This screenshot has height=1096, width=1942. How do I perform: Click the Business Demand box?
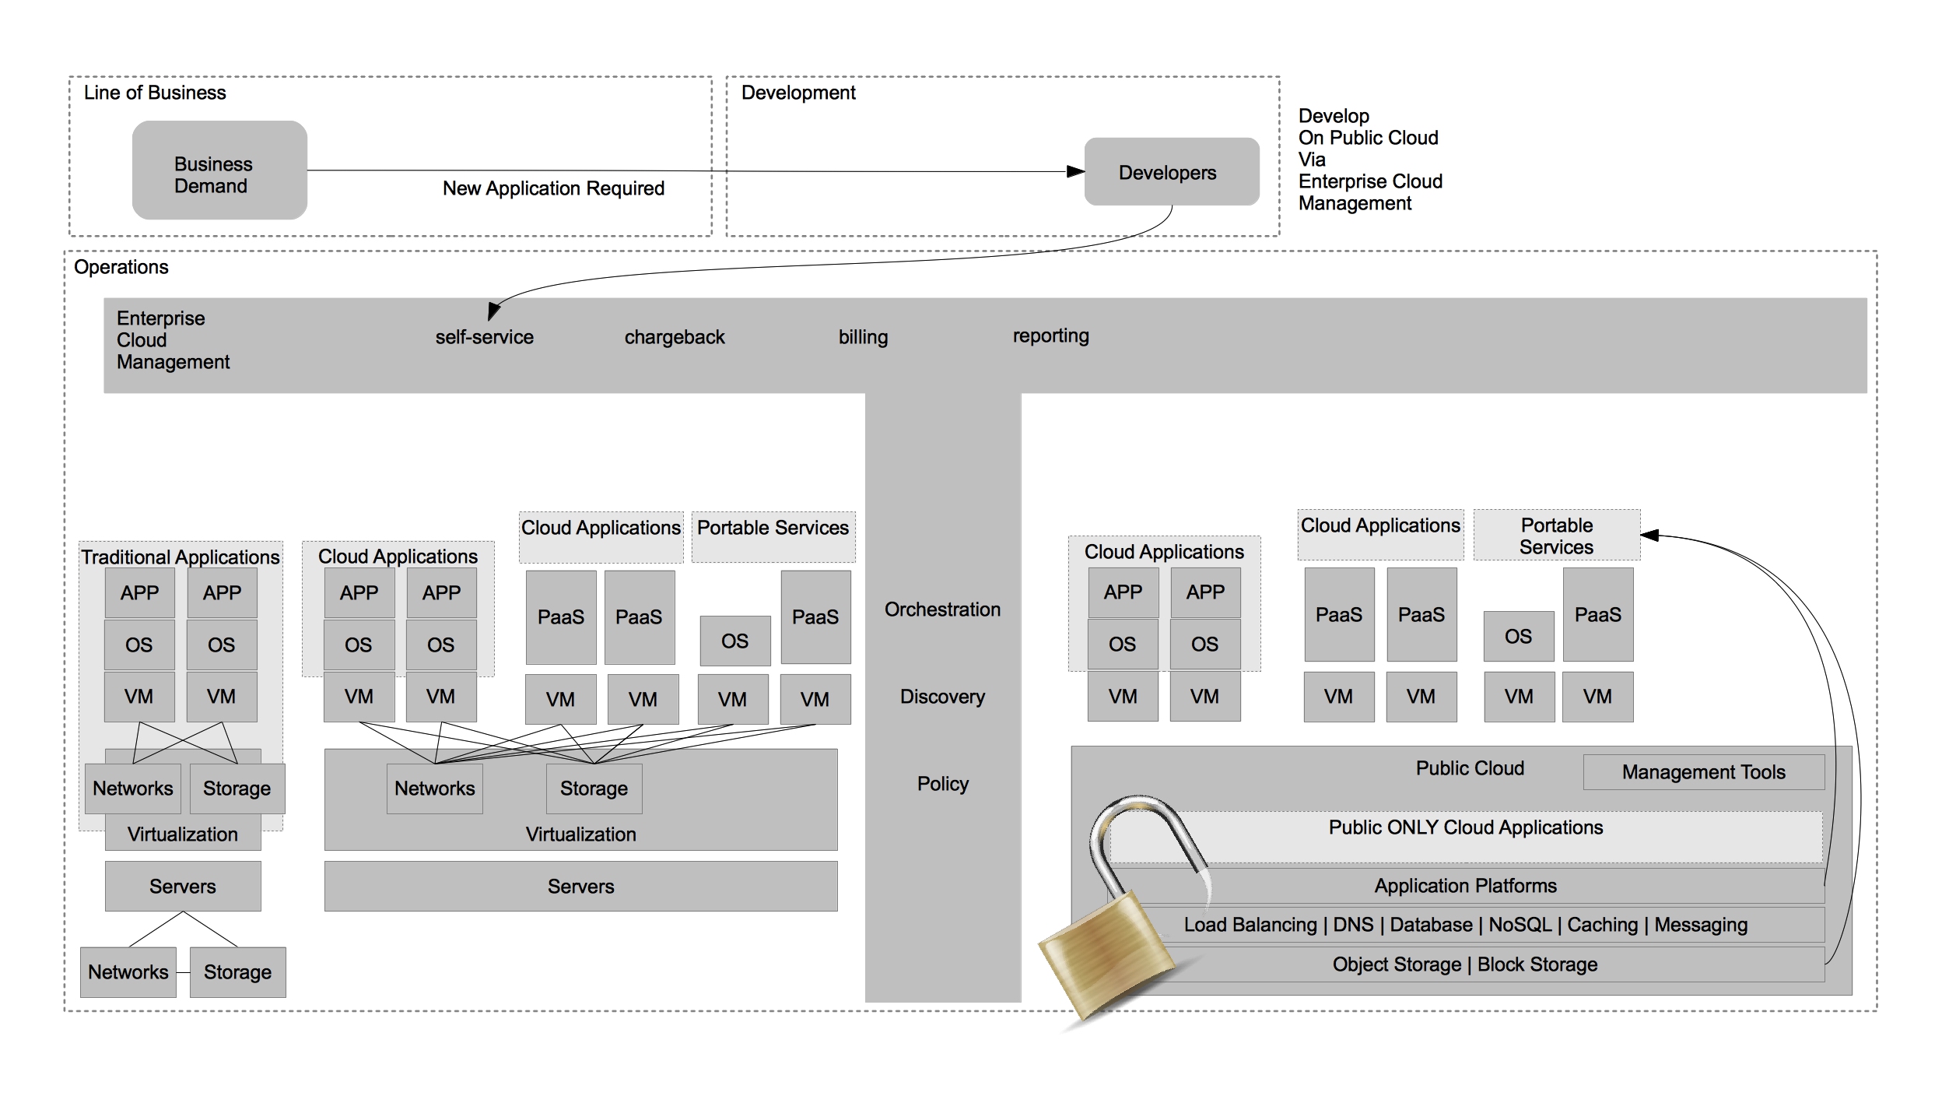(219, 170)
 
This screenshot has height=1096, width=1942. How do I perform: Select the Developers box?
(1171, 172)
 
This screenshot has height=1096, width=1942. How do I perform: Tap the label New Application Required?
(553, 188)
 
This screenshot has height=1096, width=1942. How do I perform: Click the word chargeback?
(674, 337)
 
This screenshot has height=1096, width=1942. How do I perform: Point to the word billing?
(863, 337)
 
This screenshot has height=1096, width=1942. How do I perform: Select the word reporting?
(1050, 335)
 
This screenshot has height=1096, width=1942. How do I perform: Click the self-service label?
(484, 337)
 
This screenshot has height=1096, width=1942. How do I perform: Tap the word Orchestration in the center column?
(942, 609)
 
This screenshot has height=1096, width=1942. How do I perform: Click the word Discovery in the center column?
(942, 697)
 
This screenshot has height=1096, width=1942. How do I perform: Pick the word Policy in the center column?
(942, 784)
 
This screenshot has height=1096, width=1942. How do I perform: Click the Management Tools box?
(1703, 772)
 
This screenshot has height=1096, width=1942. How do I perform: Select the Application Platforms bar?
(1465, 886)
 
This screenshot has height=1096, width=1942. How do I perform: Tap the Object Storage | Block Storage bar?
(1465, 964)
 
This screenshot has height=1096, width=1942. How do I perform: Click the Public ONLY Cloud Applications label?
(1465, 827)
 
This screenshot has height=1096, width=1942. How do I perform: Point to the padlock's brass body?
(1105, 961)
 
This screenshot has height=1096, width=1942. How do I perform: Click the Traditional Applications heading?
(181, 557)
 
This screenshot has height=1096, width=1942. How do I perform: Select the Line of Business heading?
(155, 93)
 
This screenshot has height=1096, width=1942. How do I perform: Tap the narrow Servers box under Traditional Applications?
(183, 886)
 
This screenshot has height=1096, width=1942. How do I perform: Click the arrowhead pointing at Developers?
(1076, 171)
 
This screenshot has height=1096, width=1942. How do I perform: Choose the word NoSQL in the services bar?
(1520, 925)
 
